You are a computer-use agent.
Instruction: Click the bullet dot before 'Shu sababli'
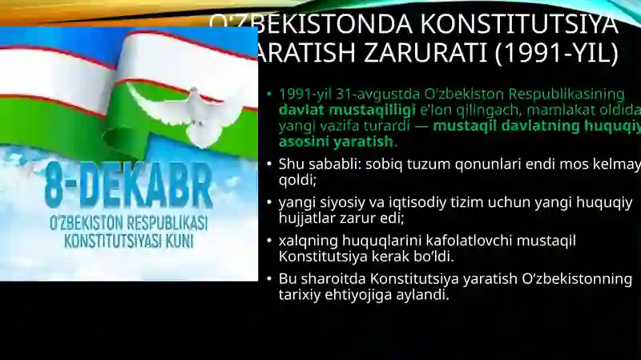click(270, 164)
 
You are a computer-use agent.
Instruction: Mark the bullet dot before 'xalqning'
click(270, 241)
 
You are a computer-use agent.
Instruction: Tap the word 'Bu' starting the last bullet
click(288, 279)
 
